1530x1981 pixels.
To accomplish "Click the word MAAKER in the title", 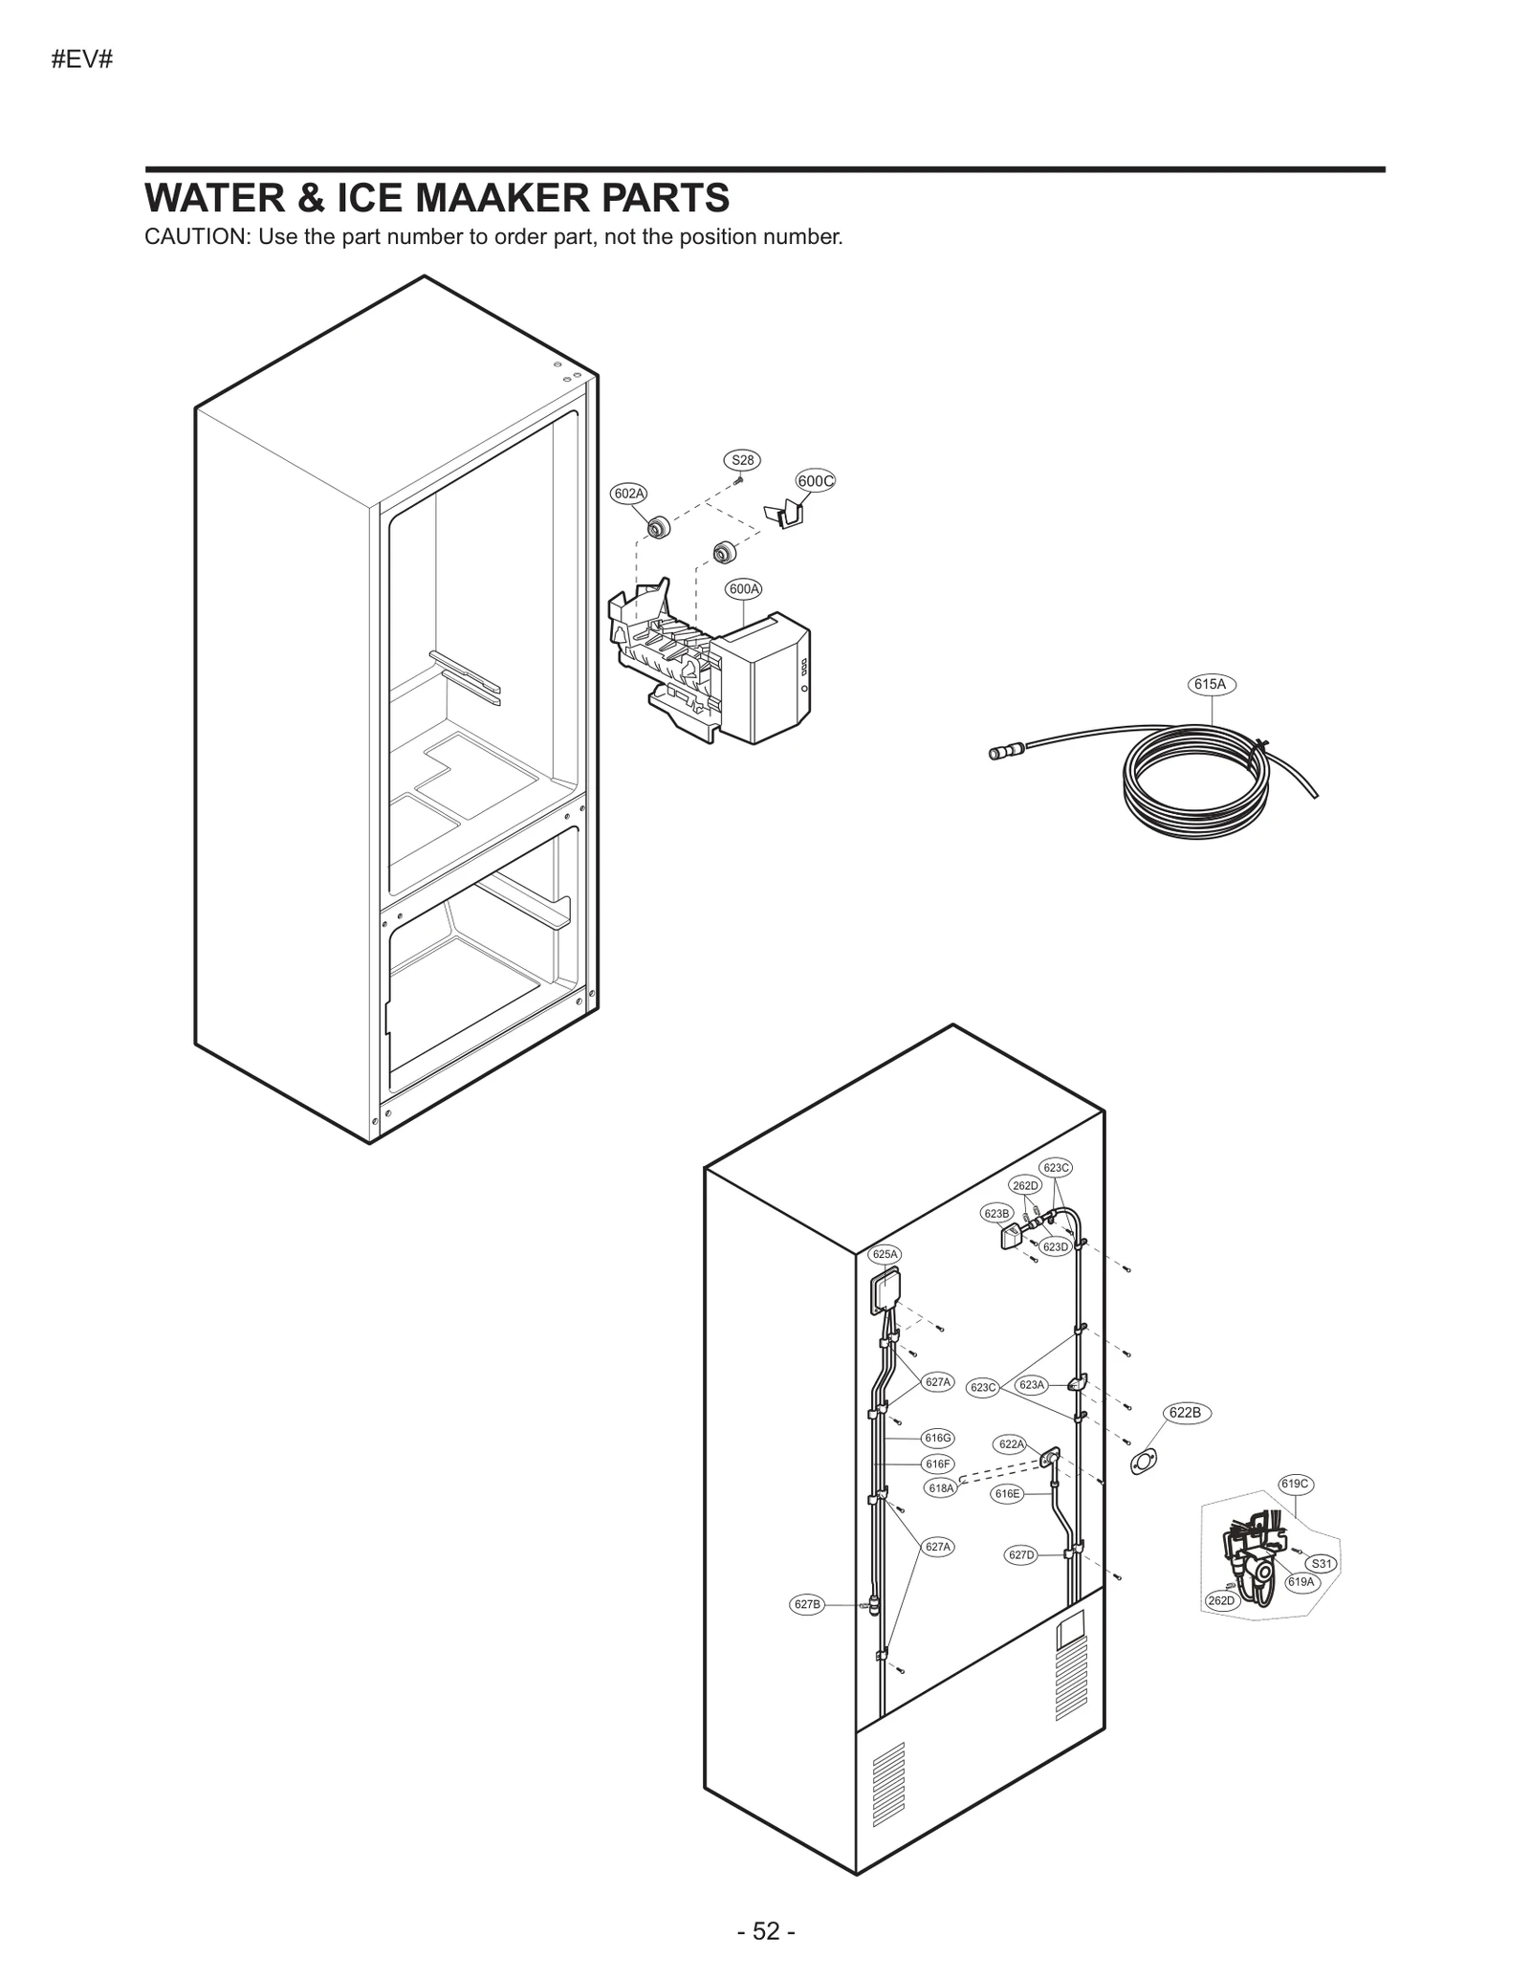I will coord(507,198).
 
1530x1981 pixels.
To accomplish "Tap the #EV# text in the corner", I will coord(82,59).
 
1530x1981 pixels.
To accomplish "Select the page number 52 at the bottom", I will coord(766,1931).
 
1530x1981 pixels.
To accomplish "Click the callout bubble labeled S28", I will coord(742,460).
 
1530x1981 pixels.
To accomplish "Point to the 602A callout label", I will coord(629,494).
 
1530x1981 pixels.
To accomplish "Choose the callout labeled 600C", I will coord(815,481).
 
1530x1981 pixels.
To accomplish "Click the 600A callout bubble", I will coord(744,589).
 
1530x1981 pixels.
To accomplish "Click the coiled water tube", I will coord(1195,780).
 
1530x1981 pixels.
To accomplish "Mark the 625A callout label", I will coord(885,1254).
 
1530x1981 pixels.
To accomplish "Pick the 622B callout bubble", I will coord(1186,1413).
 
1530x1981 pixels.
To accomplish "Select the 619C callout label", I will coord(1295,1484).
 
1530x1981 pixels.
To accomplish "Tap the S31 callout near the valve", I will coord(1321,1564).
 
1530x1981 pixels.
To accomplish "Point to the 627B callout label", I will coord(807,1604).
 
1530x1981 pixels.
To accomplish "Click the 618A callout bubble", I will coord(941,1488).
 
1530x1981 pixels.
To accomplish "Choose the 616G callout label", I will coord(937,1438).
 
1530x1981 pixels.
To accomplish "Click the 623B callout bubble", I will coord(996,1214).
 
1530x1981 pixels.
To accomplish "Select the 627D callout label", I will coord(1021,1555).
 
